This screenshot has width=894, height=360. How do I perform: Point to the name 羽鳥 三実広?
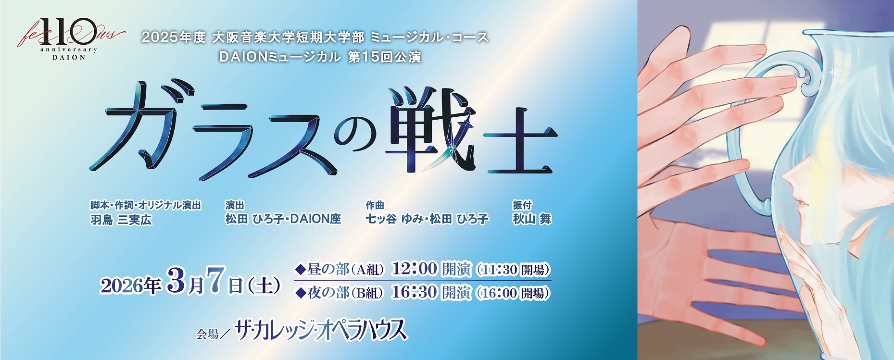tap(121, 220)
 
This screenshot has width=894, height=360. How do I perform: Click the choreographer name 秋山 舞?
tap(532, 219)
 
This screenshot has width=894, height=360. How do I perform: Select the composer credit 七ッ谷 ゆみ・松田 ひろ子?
tap(427, 219)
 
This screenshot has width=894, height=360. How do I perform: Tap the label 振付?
tap(522, 205)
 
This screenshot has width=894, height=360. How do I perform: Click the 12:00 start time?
tap(415, 269)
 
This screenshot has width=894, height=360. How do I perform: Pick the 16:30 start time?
tap(415, 292)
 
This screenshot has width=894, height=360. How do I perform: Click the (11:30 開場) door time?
tap(513, 270)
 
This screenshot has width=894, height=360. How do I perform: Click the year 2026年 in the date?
tap(130, 286)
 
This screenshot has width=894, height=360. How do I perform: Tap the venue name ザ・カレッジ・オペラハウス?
tap(321, 331)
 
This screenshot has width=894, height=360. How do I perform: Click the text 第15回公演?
tap(384, 57)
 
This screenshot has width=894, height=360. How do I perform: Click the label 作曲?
tap(375, 205)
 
